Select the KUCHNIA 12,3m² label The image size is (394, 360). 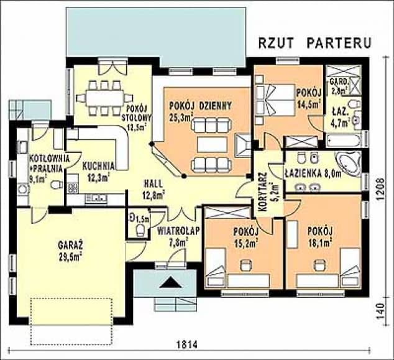[98, 172]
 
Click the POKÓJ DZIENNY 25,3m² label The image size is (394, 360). [200, 111]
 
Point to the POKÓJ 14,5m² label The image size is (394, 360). [309, 99]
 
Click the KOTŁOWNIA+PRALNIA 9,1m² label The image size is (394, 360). [45, 167]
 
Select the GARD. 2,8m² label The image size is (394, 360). [339, 86]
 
